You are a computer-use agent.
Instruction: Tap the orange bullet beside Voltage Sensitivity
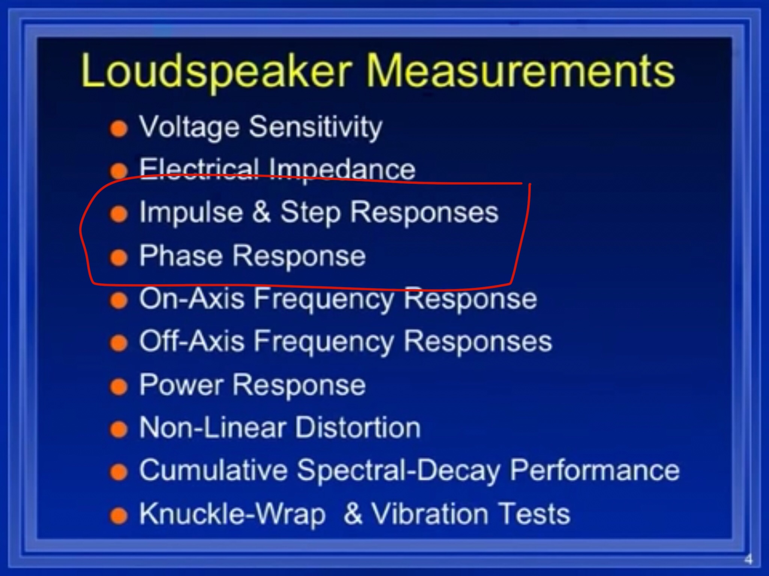click(119, 129)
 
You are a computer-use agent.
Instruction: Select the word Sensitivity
click(315, 128)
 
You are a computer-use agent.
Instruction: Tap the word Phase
click(181, 255)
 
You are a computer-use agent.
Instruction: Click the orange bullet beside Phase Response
click(119, 257)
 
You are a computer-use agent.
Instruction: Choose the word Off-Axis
click(192, 341)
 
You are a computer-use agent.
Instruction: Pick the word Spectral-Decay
click(398, 471)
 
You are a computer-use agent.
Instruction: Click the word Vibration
click(430, 513)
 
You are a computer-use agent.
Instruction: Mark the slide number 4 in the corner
click(748, 559)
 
